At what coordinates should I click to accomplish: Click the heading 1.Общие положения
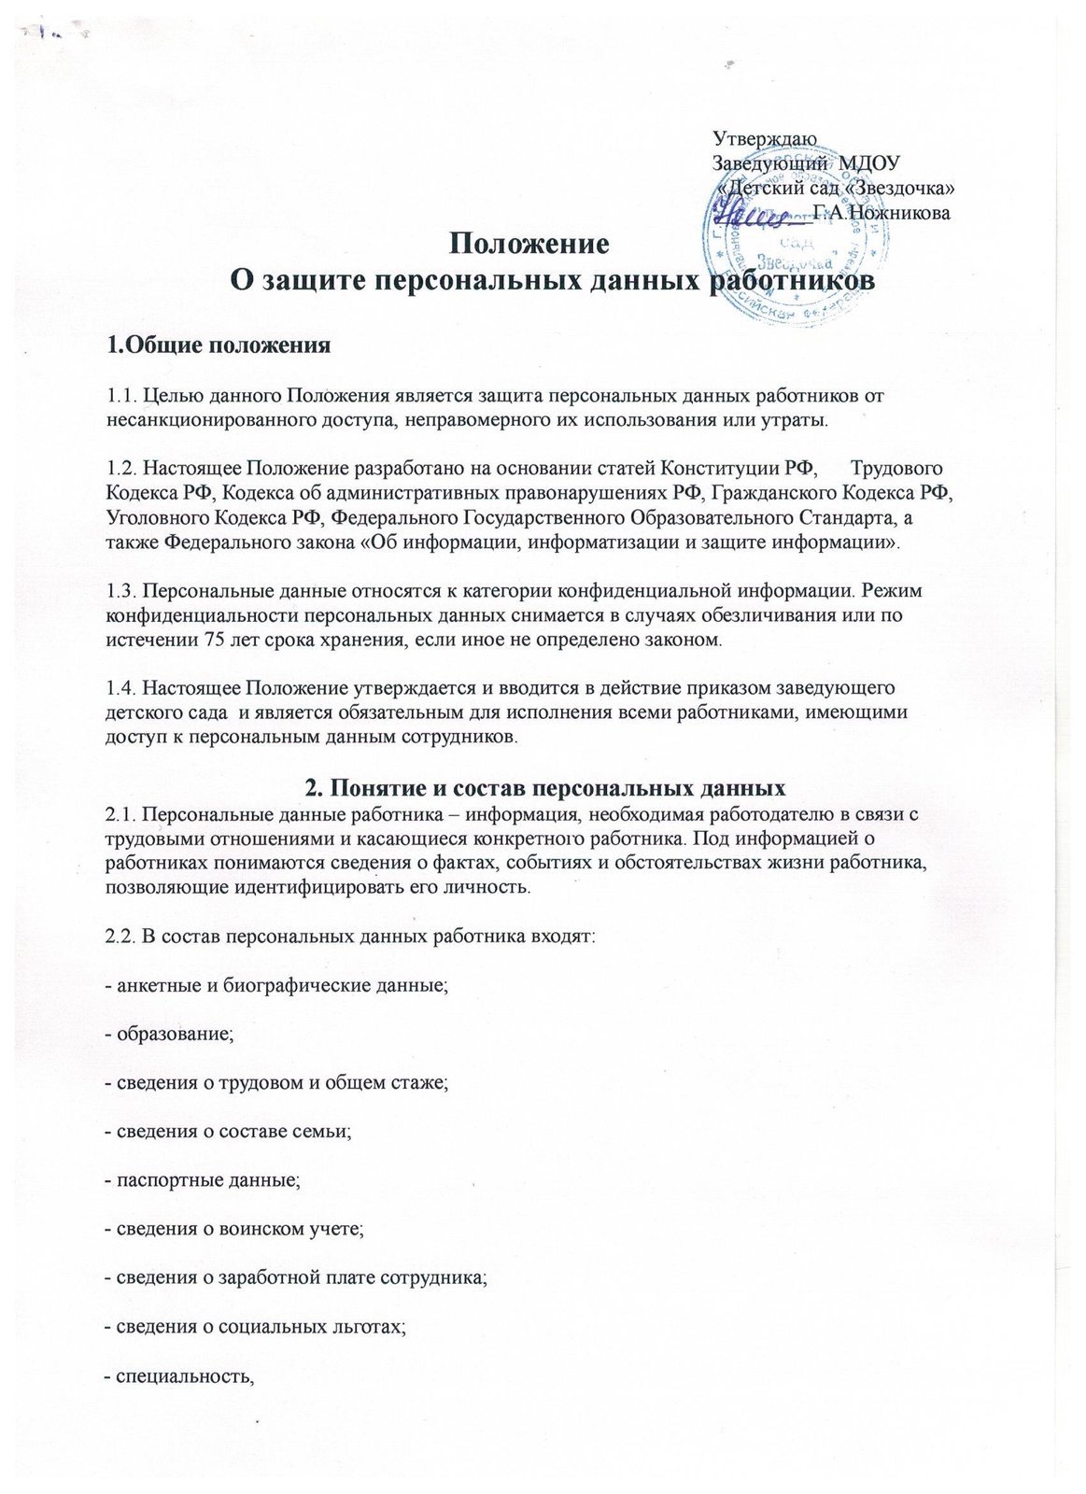click(219, 346)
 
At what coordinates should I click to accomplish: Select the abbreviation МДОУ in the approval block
click(873, 162)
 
